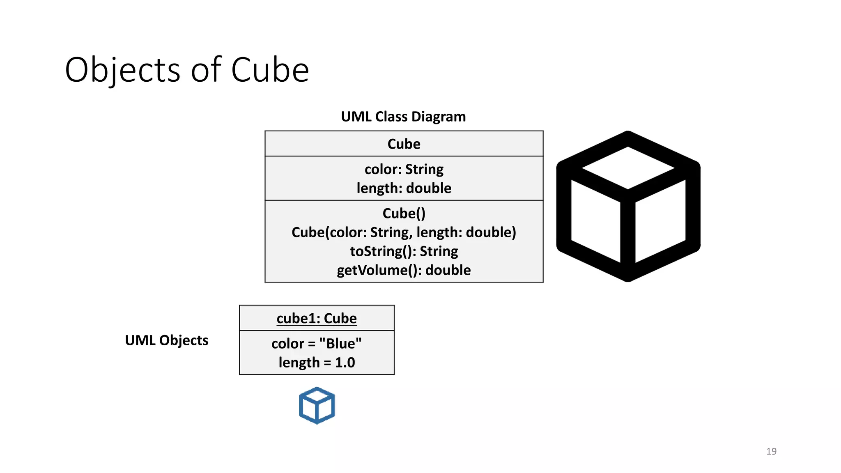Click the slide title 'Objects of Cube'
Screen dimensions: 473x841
click(x=187, y=70)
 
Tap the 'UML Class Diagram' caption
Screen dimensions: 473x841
click(x=403, y=117)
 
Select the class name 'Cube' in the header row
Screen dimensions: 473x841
click(x=404, y=144)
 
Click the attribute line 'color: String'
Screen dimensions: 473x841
click(x=404, y=169)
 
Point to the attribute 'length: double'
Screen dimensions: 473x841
click(x=404, y=188)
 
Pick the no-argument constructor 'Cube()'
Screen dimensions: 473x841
click(x=404, y=214)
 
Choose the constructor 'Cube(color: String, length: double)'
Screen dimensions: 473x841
click(x=404, y=232)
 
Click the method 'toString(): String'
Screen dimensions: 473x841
click(x=404, y=251)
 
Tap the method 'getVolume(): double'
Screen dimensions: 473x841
click(x=404, y=270)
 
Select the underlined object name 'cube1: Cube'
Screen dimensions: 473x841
click(x=317, y=319)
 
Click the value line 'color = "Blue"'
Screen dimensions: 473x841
click(x=317, y=344)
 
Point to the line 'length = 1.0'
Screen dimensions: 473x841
click(x=317, y=363)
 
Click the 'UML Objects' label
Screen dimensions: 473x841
click(x=167, y=340)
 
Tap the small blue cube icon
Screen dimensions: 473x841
click(x=317, y=405)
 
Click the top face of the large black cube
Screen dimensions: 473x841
click(x=628, y=168)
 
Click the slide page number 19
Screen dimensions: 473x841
click(x=771, y=451)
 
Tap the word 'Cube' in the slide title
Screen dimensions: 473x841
click(x=270, y=70)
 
